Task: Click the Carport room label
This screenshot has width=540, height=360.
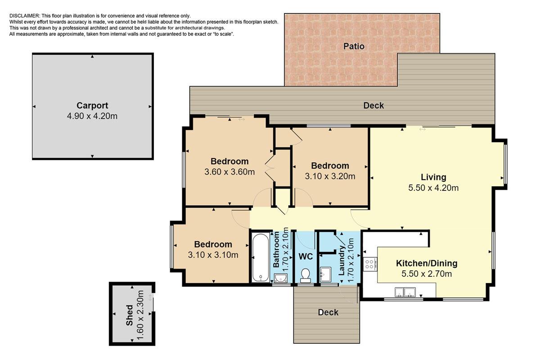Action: point(92,106)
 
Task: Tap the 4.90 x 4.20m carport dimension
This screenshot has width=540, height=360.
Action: point(92,116)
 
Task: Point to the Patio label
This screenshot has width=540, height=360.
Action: point(354,46)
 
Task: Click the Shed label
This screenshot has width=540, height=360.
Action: point(130,315)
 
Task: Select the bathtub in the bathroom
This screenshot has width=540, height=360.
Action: point(261,257)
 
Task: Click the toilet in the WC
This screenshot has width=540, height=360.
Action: point(306,275)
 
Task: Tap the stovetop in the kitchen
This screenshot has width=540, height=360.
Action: point(369,264)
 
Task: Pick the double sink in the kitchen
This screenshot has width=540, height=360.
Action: point(405,292)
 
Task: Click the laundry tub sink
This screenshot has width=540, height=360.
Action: point(325,274)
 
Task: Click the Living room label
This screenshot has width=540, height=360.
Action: point(433,177)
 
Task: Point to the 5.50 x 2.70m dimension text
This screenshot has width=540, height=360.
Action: point(427,274)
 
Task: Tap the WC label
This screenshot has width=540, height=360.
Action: point(306,256)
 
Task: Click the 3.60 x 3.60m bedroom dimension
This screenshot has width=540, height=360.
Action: point(229,172)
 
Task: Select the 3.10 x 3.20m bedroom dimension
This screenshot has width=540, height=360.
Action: point(330,176)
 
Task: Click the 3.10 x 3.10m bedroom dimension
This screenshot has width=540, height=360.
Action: point(213,255)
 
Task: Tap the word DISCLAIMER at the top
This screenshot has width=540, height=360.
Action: point(25,16)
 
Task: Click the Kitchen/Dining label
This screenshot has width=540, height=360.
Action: point(427,263)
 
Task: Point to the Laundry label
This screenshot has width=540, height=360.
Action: point(342,261)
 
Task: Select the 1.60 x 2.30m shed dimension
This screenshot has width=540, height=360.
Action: point(140,315)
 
